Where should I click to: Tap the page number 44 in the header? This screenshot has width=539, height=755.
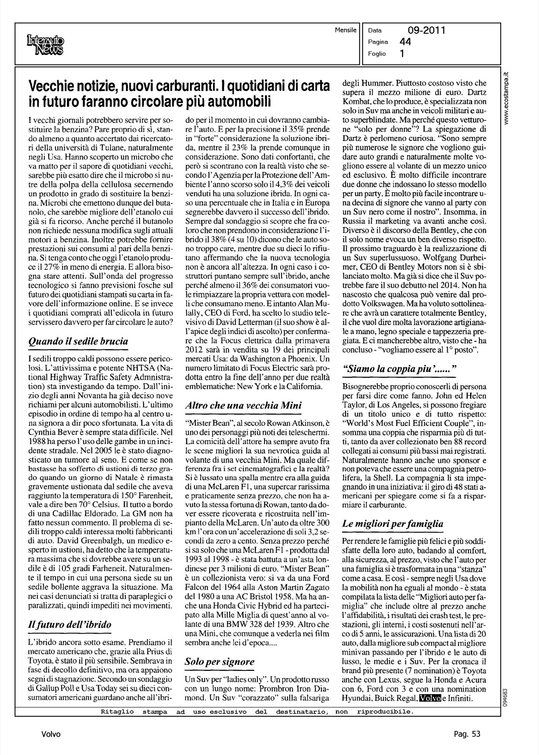click(405, 42)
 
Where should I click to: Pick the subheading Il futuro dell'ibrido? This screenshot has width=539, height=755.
click(70, 625)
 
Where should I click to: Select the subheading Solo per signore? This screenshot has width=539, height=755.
click(219, 661)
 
